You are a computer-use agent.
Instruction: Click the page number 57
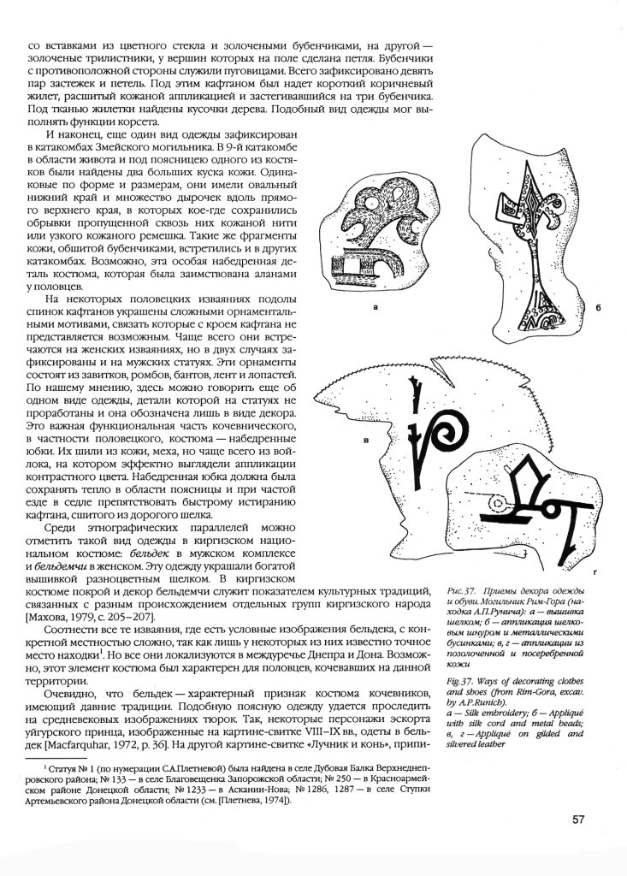tap(578, 820)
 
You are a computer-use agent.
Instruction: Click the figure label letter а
tap(374, 304)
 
